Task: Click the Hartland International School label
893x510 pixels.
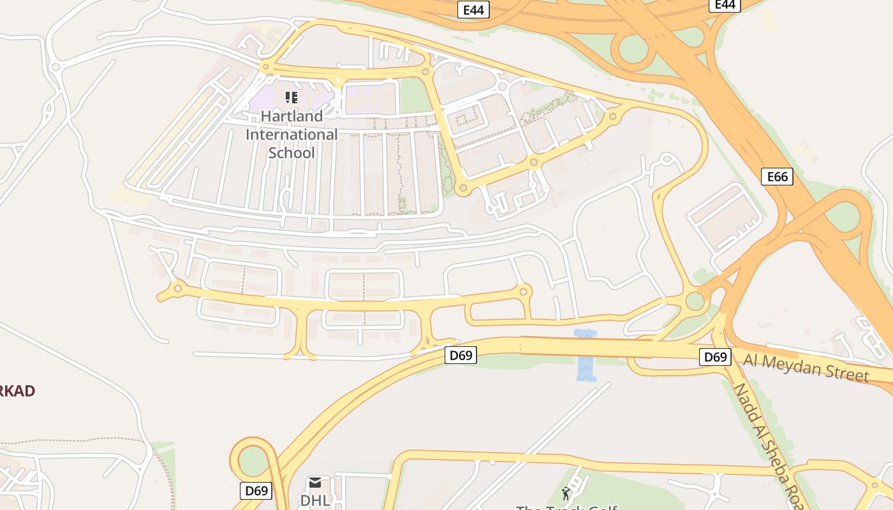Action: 292,135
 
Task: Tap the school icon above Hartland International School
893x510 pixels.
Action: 292,98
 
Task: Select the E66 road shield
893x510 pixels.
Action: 777,177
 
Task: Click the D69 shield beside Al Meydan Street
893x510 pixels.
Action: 715,357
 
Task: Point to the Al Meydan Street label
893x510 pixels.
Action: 806,368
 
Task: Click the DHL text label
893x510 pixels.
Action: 315,500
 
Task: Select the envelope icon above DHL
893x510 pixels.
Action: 315,483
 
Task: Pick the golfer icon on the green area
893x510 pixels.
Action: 566,493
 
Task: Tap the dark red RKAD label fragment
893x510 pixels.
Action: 17,391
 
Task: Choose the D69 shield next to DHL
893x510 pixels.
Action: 256,491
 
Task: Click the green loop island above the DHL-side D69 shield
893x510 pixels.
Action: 255,460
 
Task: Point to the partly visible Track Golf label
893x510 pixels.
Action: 566,507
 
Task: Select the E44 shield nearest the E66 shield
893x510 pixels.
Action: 725,5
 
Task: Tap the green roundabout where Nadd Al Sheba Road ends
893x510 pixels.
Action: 695,301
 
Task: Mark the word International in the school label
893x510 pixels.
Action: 292,135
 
